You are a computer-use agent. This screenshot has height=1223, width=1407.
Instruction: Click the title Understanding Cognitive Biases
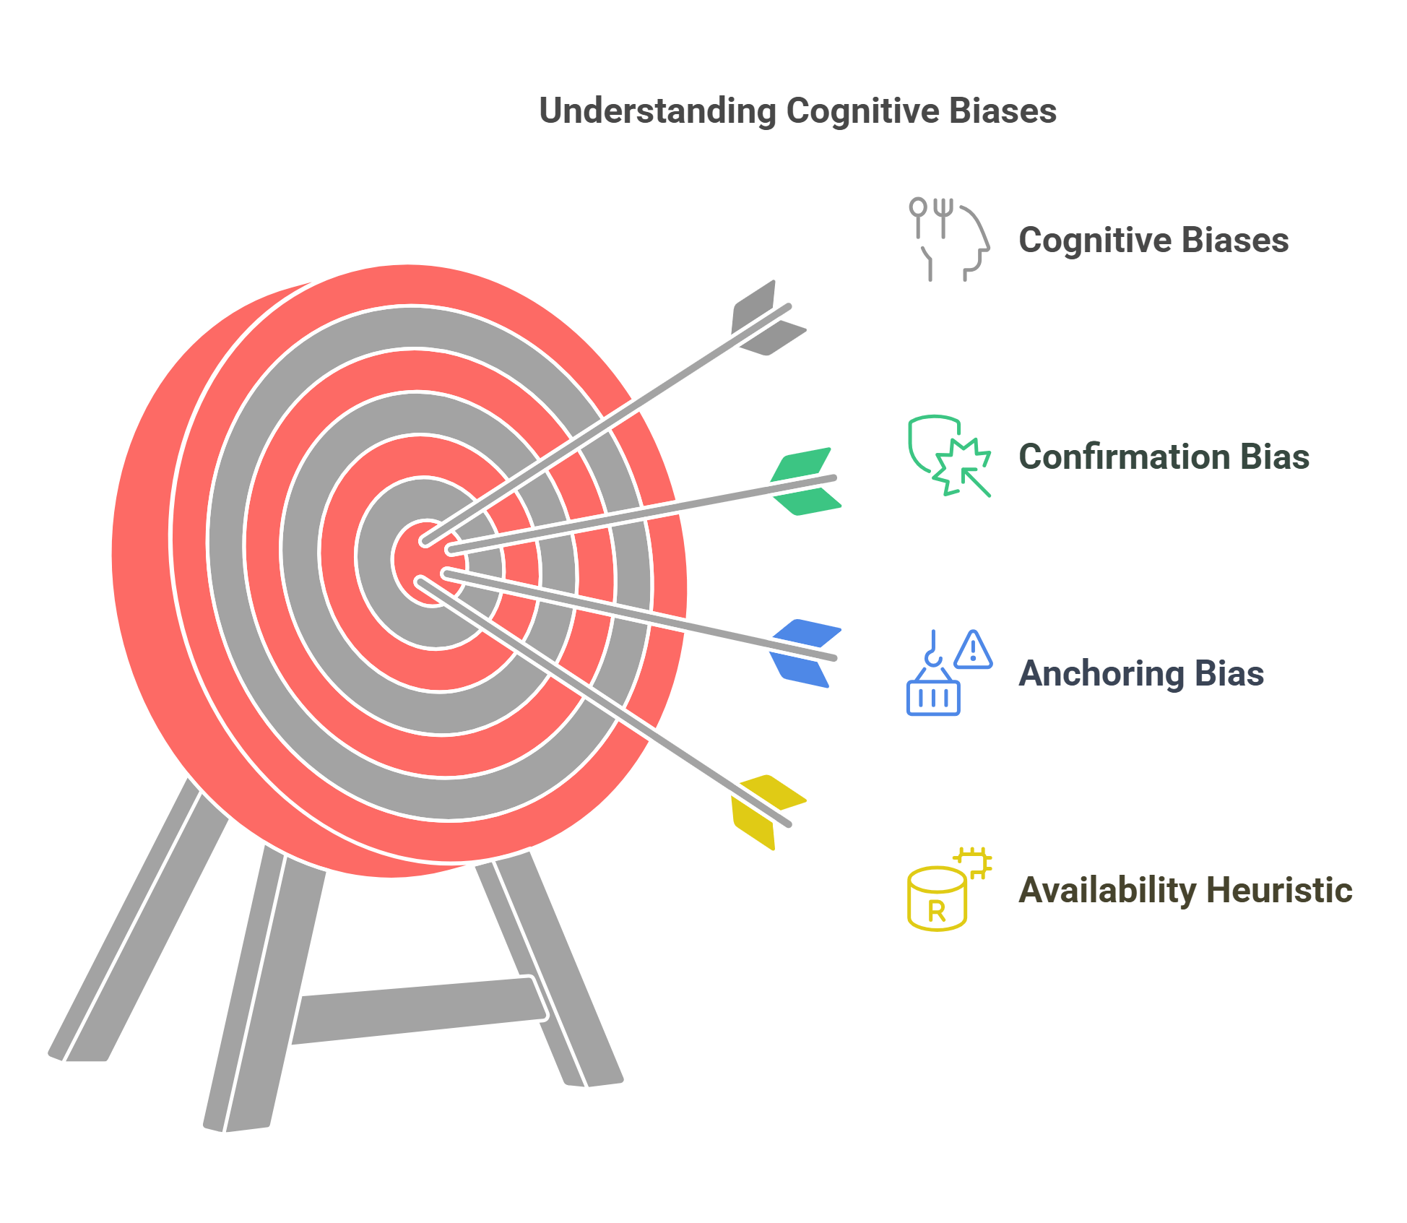(797, 111)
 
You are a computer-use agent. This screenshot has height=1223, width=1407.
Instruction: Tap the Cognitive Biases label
(1153, 241)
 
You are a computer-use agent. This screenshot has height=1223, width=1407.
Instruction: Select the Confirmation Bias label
(1163, 457)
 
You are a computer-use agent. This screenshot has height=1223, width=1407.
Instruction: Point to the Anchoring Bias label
(1140, 673)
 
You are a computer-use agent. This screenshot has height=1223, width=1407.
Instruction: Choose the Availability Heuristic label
(1185, 890)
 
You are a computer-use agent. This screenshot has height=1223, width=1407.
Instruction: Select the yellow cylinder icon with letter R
(938, 899)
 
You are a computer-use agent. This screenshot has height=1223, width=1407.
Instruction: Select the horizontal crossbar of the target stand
(419, 1010)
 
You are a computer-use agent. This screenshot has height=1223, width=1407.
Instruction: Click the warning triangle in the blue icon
(973, 650)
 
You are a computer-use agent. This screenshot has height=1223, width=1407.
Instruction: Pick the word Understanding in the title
(657, 111)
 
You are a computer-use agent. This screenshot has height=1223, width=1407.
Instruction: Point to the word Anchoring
(1101, 673)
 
